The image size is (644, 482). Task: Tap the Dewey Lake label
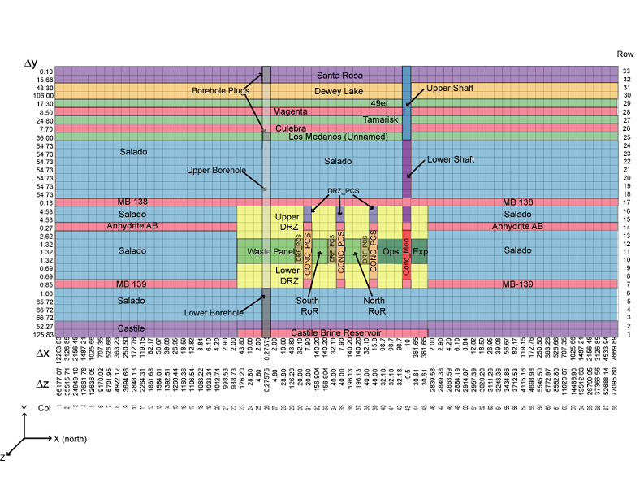tap(339, 91)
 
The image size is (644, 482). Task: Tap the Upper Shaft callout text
tap(449, 87)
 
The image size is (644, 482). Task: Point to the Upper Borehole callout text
tap(216, 170)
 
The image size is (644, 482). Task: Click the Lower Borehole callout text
tap(214, 312)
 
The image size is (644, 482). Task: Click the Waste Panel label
tap(265, 252)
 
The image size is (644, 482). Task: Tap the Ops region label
tap(391, 251)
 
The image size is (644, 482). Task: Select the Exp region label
tap(419, 251)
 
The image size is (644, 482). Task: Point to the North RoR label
tap(375, 304)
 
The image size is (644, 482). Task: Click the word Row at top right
tap(625, 53)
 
